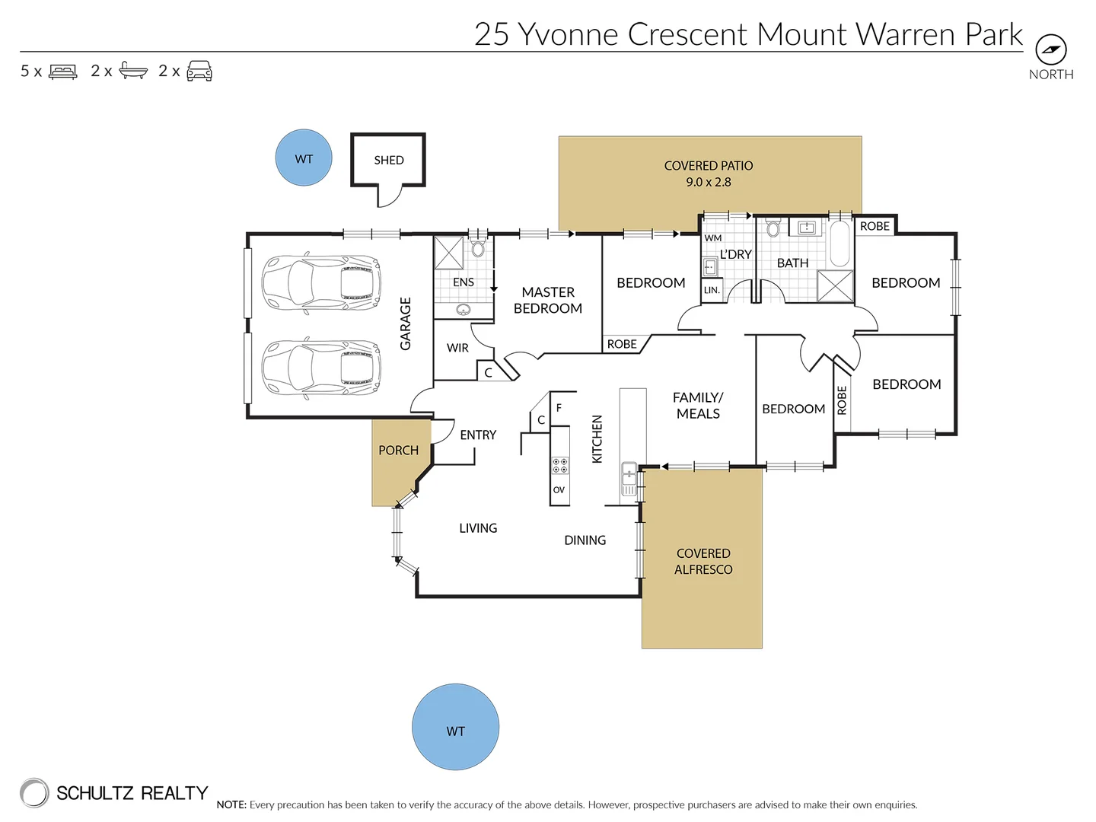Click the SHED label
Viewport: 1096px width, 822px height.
coord(388,160)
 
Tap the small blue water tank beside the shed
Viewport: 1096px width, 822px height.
coord(304,158)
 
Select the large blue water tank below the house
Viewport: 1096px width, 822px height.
coord(455,727)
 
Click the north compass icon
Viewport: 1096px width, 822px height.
coord(1051,49)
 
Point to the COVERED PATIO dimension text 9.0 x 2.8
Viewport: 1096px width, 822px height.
coord(708,182)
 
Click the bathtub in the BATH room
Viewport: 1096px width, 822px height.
coord(840,244)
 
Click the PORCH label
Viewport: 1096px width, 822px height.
coord(398,450)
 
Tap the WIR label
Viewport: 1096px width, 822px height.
coord(457,348)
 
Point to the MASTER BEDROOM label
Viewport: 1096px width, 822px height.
coord(548,300)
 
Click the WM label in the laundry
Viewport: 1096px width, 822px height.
coord(712,238)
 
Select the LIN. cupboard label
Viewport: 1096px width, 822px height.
coord(712,290)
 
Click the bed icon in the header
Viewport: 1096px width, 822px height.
coord(63,72)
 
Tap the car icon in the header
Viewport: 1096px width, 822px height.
coord(199,71)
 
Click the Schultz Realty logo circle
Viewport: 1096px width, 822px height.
coord(34,792)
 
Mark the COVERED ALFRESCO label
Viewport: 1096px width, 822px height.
coord(703,562)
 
